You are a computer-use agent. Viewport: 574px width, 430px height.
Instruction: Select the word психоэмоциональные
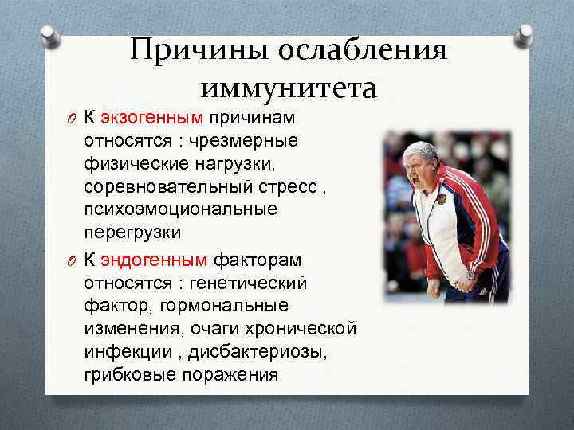180,209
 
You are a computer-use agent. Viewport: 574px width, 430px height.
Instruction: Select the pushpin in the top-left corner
50,35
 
